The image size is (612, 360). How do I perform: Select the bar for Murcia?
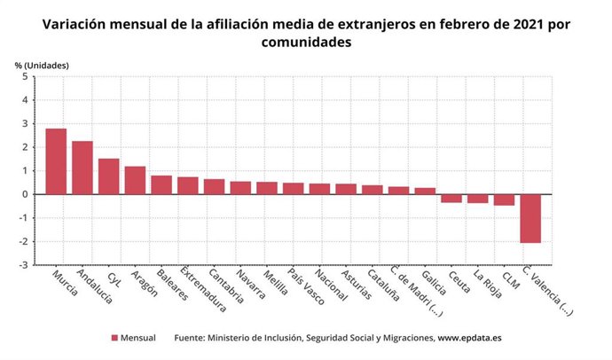(56, 161)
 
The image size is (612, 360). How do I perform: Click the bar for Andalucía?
(82, 168)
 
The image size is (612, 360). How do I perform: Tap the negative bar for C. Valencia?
(530, 218)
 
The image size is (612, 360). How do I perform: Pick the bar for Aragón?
(135, 180)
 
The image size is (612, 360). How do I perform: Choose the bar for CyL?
(109, 176)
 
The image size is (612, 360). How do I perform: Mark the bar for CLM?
(504, 200)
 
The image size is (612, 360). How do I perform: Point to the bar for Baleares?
(161, 184)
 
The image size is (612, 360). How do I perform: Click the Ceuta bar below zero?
(451, 199)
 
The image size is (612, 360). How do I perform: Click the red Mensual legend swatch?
(114, 339)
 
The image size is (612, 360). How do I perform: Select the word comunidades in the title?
(306, 43)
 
